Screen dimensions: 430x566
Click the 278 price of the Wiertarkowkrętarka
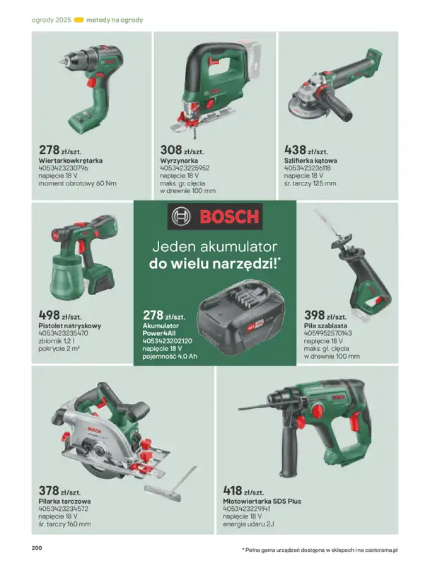[x=49, y=149]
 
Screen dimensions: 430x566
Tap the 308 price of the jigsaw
[x=171, y=149]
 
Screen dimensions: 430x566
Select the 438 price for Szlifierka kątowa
[x=295, y=149]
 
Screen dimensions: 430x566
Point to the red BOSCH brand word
[x=229, y=216]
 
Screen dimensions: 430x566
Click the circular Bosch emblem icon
[x=181, y=216]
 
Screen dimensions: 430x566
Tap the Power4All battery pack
[x=241, y=317]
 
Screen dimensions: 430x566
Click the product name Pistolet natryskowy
[x=69, y=325]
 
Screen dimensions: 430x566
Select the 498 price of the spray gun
[x=49, y=315]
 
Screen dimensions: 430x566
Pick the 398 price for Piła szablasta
[x=315, y=315]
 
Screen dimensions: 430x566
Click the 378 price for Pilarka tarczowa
[x=49, y=490]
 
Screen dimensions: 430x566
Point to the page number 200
[x=37, y=548]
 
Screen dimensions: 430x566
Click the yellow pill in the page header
[x=79, y=20]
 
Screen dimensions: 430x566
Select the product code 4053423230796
[x=63, y=168]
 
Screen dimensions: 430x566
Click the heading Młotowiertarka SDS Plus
[x=262, y=501]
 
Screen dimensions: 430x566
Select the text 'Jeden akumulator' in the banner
[x=214, y=247]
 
